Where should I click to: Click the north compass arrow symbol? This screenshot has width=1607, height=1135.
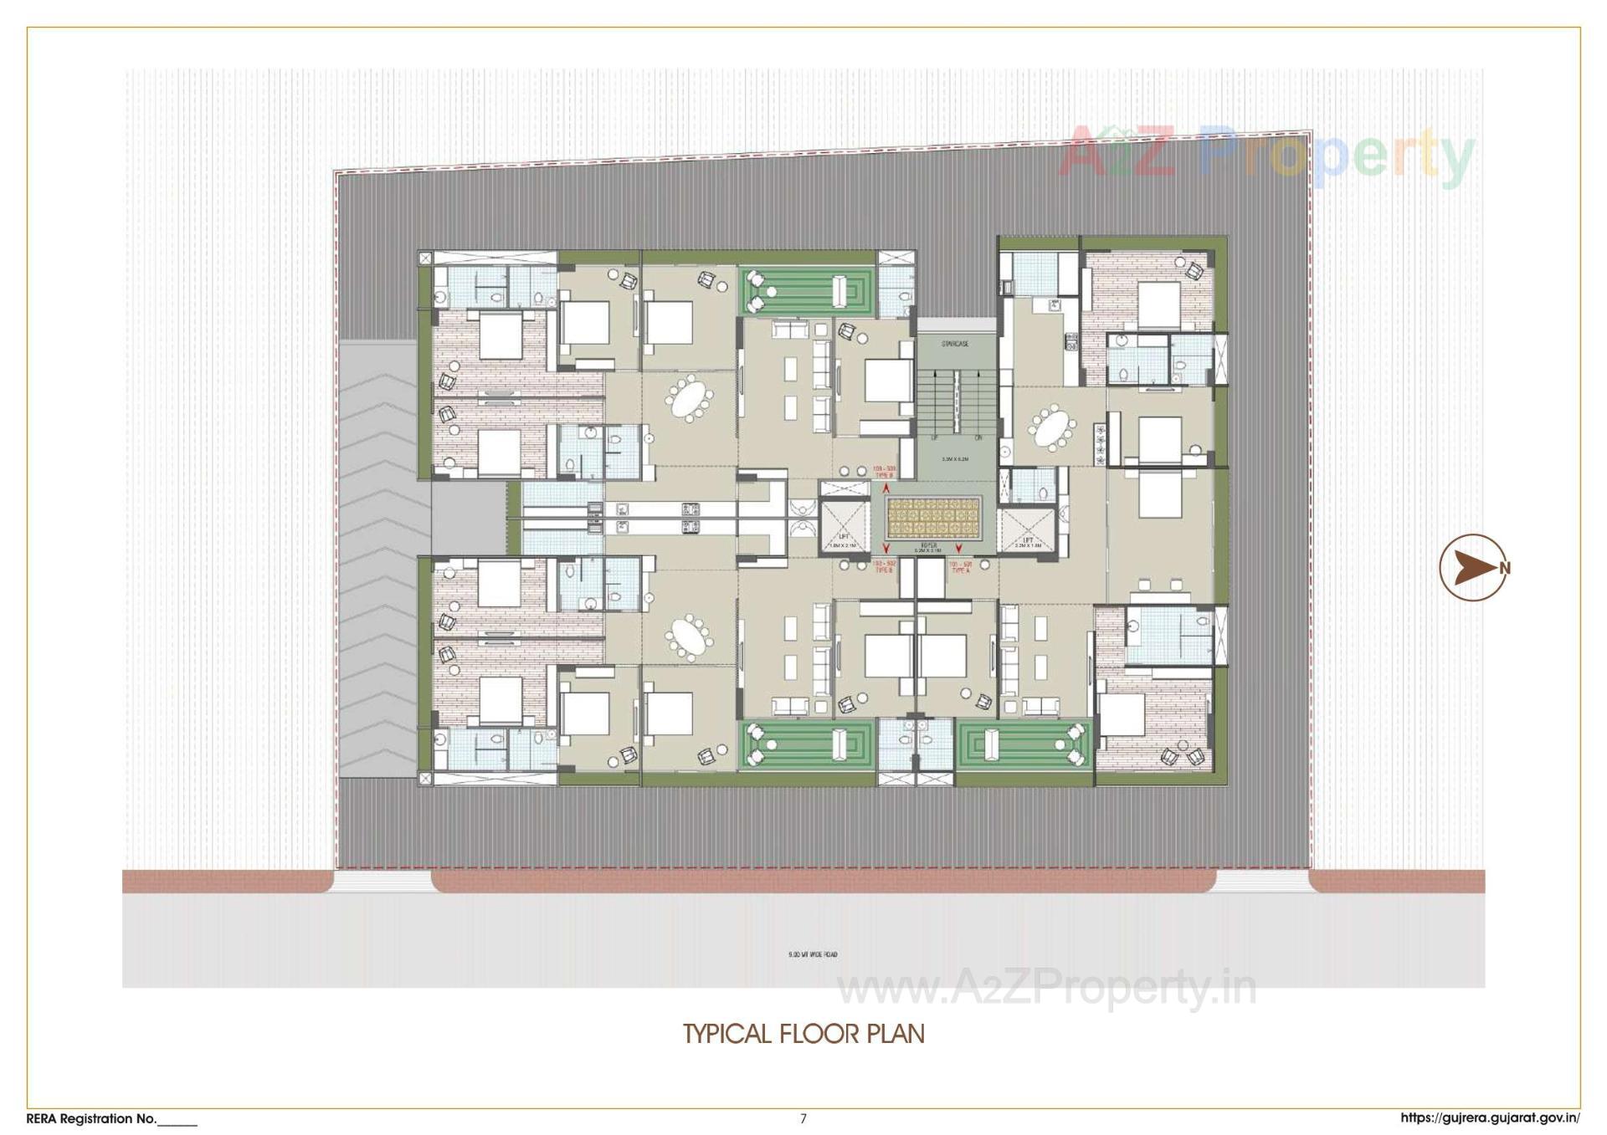tap(1472, 568)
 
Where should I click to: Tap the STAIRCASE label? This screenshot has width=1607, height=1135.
tap(954, 344)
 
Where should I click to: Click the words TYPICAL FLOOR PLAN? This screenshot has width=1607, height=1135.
tap(803, 1034)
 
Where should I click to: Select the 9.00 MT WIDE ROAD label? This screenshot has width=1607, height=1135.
tap(813, 954)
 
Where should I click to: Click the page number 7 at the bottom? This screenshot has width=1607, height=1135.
tap(803, 1118)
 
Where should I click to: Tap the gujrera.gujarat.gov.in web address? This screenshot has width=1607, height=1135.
tap(1490, 1118)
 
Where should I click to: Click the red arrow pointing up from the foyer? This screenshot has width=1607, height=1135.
tap(886, 488)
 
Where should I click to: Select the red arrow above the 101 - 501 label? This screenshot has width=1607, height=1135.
tap(958, 550)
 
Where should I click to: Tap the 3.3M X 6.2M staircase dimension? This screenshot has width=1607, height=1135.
tap(954, 459)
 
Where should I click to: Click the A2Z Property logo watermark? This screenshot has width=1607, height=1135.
tap(1264, 155)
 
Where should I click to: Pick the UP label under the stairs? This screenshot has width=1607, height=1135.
tap(936, 438)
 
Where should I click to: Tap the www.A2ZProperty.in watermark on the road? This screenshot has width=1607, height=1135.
tap(1046, 989)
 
